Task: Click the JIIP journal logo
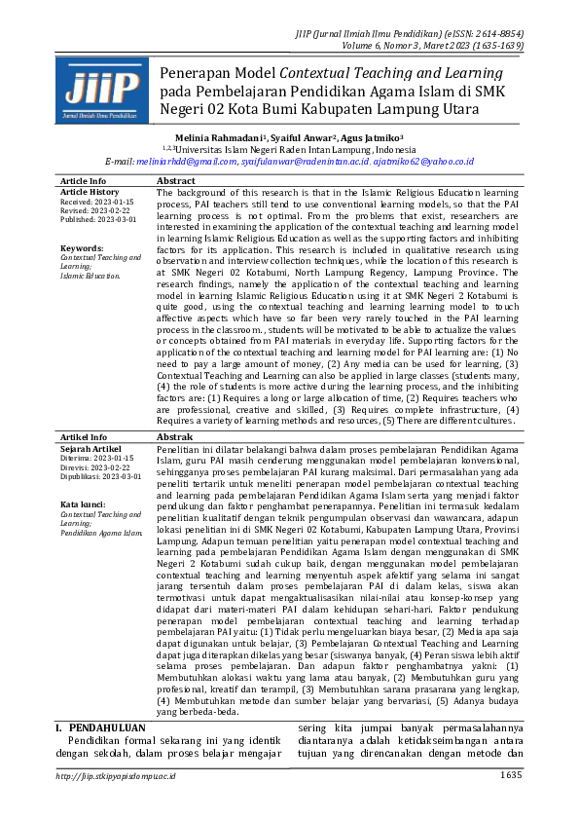[x=95, y=90]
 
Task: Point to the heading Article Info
[x=83, y=181]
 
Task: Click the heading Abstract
[x=175, y=181]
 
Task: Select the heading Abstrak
[x=175, y=437]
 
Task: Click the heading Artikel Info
[x=83, y=437]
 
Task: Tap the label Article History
[x=90, y=193]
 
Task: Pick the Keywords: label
[x=82, y=248]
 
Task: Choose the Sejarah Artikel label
[x=90, y=448]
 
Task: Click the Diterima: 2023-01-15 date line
[x=96, y=458]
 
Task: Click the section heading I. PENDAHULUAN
[x=99, y=727]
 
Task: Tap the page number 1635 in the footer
[x=511, y=775]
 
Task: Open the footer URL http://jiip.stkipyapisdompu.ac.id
[x=116, y=775]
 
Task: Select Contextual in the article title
[x=318, y=73]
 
